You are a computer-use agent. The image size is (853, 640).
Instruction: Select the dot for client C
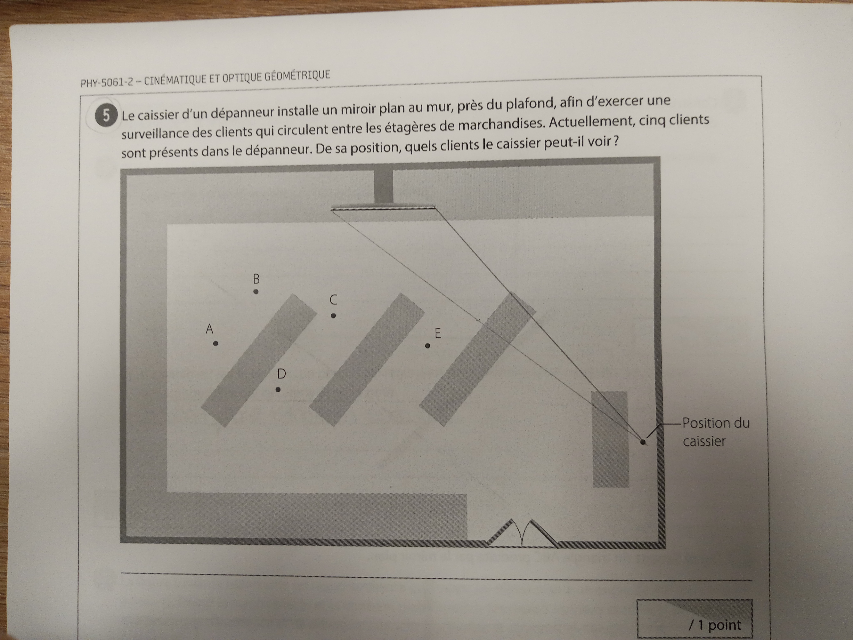click(x=333, y=315)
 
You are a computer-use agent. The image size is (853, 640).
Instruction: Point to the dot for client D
click(x=278, y=390)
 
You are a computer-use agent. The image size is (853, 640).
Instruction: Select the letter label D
click(x=282, y=374)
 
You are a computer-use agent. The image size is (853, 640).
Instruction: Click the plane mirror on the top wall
click(x=383, y=208)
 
